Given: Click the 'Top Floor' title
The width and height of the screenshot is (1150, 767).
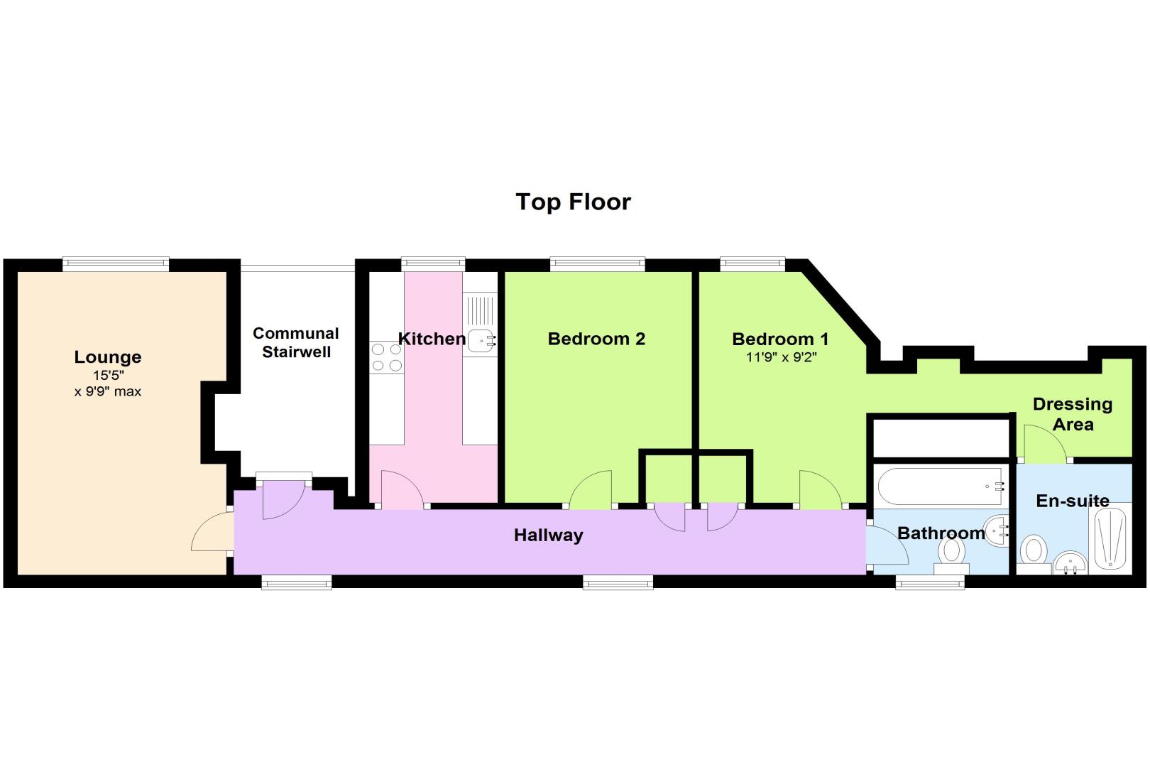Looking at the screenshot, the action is pyautogui.click(x=573, y=202).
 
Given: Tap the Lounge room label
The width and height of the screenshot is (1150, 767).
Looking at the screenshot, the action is pyautogui.click(x=108, y=357).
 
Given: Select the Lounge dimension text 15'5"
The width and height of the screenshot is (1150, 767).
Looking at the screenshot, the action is pyautogui.click(x=108, y=375).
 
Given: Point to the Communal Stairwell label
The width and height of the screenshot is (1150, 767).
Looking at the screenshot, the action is pyautogui.click(x=296, y=342).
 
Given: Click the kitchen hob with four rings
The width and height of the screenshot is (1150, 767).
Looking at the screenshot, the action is pyautogui.click(x=387, y=357).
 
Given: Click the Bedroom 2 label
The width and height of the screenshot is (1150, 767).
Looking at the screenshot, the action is pyautogui.click(x=596, y=339).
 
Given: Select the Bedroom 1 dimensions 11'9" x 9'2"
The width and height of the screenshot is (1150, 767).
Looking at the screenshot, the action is pyautogui.click(x=781, y=357).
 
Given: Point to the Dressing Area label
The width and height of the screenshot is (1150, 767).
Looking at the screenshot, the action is pyautogui.click(x=1073, y=414).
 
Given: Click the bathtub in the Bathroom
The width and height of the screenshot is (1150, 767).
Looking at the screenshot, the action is pyautogui.click(x=941, y=486).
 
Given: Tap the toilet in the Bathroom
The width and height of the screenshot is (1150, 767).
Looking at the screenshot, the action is pyautogui.click(x=951, y=555).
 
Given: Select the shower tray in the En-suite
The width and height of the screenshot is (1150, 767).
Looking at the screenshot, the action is pyautogui.click(x=1110, y=539).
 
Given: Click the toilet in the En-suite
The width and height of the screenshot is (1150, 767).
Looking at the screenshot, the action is pyautogui.click(x=1034, y=555).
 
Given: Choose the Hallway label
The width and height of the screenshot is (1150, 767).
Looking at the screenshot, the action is pyautogui.click(x=548, y=535).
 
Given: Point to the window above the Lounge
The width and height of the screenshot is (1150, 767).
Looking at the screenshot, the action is pyautogui.click(x=116, y=264).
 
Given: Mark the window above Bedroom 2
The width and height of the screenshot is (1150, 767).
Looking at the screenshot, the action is pyautogui.click(x=598, y=264).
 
